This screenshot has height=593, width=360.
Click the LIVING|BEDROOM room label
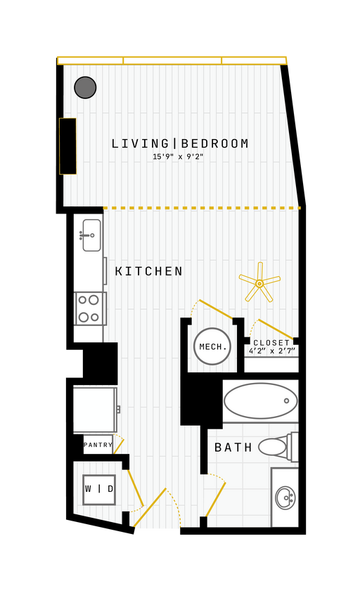(180, 144)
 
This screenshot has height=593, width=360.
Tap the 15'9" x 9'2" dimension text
(178, 157)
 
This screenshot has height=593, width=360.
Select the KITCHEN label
(149, 271)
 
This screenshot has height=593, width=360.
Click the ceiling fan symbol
(259, 283)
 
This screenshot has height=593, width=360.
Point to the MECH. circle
(212, 346)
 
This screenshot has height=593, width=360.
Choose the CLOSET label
(271, 343)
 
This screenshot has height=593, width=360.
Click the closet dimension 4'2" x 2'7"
(272, 351)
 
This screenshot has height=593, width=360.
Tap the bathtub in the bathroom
(260, 400)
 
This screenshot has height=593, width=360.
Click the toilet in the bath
(278, 447)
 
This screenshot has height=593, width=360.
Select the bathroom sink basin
(285, 497)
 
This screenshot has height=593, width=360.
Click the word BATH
(233, 448)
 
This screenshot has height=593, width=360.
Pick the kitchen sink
(91, 235)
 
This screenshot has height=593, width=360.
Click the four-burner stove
(89, 308)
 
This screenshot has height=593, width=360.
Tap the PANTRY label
(98, 445)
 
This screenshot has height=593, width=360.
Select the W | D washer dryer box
(98, 489)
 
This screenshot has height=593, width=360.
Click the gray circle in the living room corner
(85, 87)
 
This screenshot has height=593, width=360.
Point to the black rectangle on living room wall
(67, 146)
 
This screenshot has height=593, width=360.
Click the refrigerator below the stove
(94, 410)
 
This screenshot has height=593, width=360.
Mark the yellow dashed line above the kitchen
(201, 208)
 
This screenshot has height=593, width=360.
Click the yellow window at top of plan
(172, 60)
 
